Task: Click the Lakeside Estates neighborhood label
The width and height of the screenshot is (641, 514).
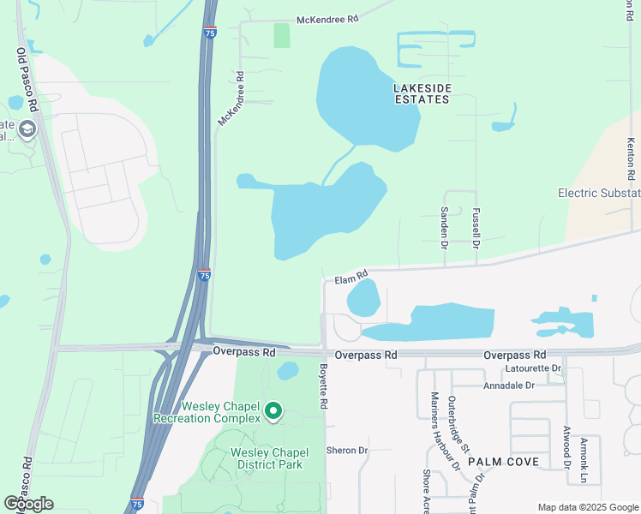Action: click(421, 93)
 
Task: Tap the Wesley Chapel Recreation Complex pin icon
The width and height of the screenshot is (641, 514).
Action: click(273, 413)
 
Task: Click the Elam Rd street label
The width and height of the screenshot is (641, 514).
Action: click(350, 278)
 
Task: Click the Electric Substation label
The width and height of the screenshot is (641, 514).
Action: click(599, 193)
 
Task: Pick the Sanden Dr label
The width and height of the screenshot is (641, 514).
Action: click(444, 226)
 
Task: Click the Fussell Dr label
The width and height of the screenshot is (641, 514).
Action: click(476, 226)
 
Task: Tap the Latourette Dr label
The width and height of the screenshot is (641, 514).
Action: click(533, 368)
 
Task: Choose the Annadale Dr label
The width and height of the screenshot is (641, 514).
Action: click(509, 385)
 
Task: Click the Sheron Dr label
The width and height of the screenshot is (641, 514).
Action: click(346, 450)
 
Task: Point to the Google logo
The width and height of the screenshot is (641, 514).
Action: click(28, 504)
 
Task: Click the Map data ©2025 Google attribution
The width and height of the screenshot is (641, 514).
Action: click(587, 507)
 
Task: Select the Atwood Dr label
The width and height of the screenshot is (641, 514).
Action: click(566, 446)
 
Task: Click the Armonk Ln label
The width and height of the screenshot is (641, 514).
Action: click(586, 458)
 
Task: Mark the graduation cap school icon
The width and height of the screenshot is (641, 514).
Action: click(27, 129)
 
